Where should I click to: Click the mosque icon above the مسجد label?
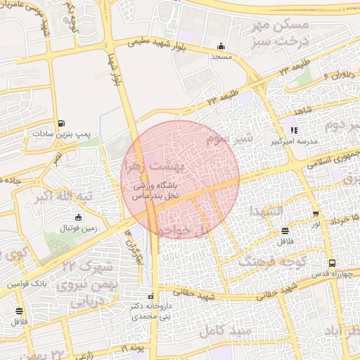pos(221,45)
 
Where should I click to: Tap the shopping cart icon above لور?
pos(316,214)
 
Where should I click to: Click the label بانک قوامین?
pos(27,285)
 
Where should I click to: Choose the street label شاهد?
pos(303,112)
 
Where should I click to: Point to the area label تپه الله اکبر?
pos(64,196)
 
